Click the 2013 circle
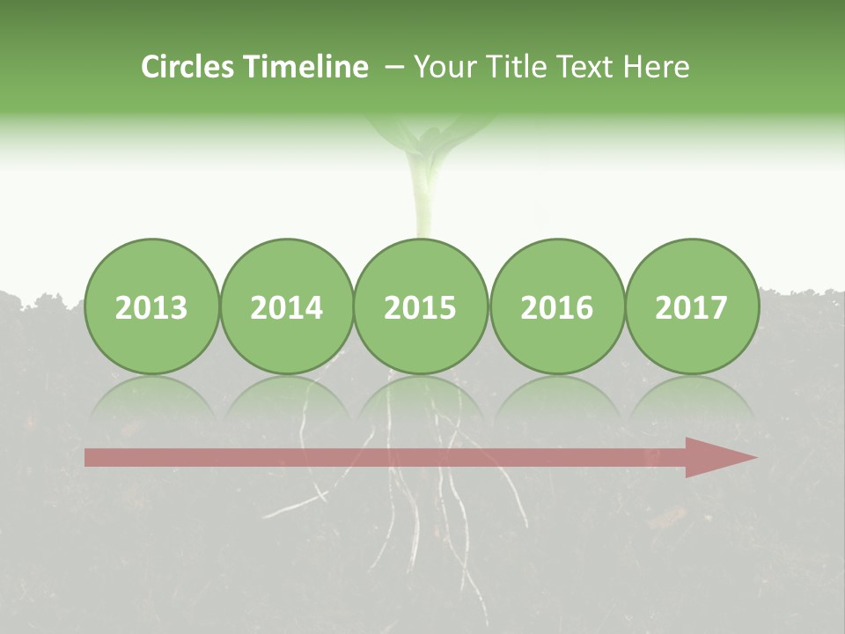tap(151, 306)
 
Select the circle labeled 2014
tap(286, 306)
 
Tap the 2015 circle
tap(421, 306)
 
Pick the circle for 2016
tap(556, 306)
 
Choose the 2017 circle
tap(691, 306)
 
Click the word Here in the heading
tap(657, 67)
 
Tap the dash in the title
tap(395, 68)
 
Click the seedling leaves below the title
tap(430, 132)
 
